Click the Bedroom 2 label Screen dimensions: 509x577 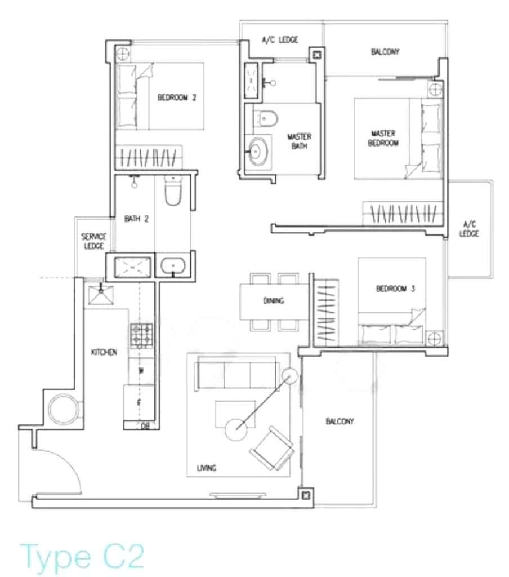pyautogui.click(x=177, y=97)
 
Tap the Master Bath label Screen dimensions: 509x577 pyautogui.click(x=299, y=141)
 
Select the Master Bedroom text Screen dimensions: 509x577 pyautogui.click(x=383, y=138)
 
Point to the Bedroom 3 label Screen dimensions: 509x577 pyautogui.click(x=395, y=288)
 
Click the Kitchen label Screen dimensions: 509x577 pyautogui.click(x=104, y=352)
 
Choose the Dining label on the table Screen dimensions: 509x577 pyautogui.click(x=274, y=301)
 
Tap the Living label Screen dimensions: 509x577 pyautogui.click(x=207, y=468)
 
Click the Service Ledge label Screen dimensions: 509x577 pyautogui.click(x=94, y=241)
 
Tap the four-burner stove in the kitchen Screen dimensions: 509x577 pyautogui.click(x=141, y=335)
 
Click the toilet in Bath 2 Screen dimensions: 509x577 pyautogui.click(x=173, y=191)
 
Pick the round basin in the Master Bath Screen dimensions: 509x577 pyautogui.click(x=256, y=151)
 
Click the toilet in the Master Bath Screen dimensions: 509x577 pyautogui.click(x=266, y=118)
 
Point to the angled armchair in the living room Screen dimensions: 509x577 pyautogui.click(x=272, y=448)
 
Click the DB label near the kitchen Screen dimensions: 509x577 pyautogui.click(x=145, y=426)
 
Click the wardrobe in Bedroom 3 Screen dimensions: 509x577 pyautogui.click(x=326, y=313)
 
